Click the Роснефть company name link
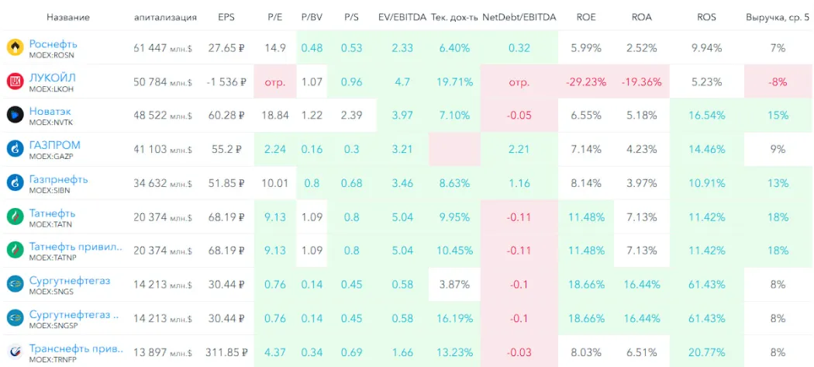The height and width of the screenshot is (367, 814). click(x=54, y=43)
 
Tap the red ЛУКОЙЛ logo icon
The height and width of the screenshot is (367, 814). click(x=14, y=81)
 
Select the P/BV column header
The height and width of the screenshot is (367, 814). click(x=312, y=17)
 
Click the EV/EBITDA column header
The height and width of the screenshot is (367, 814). click(x=402, y=17)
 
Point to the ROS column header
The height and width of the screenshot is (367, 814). click(x=706, y=17)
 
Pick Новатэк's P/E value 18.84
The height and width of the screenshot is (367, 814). click(x=275, y=116)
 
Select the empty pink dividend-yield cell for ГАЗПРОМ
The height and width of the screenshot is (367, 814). click(x=455, y=150)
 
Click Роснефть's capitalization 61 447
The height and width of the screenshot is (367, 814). click(x=150, y=48)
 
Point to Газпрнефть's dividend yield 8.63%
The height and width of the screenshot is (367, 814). click(x=454, y=183)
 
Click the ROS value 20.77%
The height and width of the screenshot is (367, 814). click(x=706, y=352)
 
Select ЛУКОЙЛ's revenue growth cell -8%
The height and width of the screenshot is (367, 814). click(x=778, y=82)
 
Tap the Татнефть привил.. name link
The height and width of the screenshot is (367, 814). click(x=76, y=247)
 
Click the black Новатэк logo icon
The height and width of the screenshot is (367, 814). click(x=14, y=115)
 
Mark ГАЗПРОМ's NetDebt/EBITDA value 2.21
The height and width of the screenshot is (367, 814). click(x=519, y=150)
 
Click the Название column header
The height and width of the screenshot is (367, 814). click(x=68, y=17)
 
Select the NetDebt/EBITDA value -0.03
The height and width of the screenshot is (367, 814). click(x=519, y=352)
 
